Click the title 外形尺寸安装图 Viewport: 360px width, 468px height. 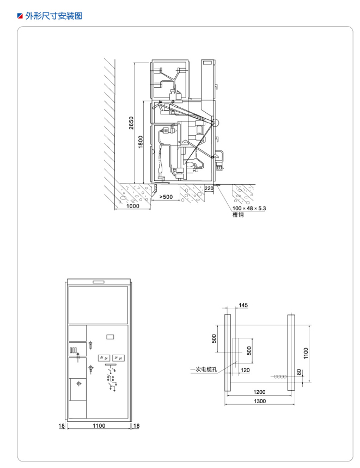pos(54,16)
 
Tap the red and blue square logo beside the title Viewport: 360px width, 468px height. pos(20,16)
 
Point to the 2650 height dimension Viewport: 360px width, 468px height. pos(131,123)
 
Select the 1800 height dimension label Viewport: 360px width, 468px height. pos(141,142)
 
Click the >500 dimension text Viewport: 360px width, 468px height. pos(166,197)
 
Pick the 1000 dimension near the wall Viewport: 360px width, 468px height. pos(133,205)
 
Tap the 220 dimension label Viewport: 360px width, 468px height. pos(209,188)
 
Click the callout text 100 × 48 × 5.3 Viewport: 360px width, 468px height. pos(249,208)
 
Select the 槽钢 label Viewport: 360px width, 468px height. pos(238,215)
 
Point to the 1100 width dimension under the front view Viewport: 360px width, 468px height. pos(99,426)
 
